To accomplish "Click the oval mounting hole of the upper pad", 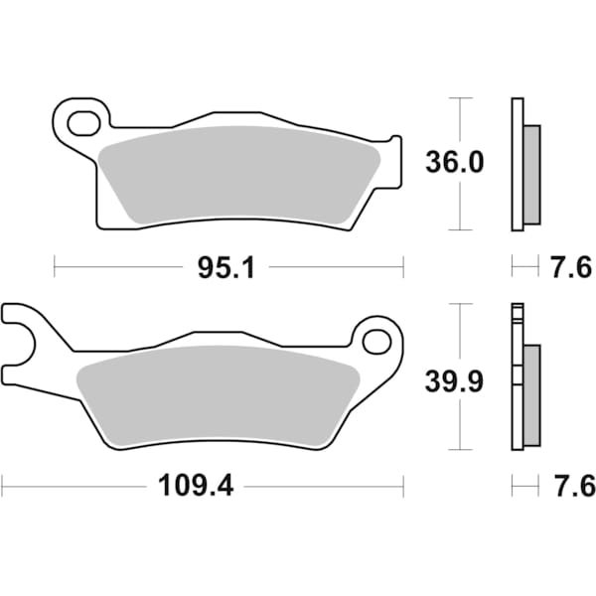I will [x=82, y=123].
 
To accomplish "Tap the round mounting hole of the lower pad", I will [x=376, y=342].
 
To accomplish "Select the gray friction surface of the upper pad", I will [x=238, y=173].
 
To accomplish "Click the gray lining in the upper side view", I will [x=531, y=174].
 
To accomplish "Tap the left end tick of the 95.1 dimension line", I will [x=54, y=266].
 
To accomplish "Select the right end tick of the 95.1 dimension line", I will [x=403, y=266].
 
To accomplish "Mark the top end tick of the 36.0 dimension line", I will [x=458, y=98].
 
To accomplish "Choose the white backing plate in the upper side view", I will [x=516, y=164].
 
